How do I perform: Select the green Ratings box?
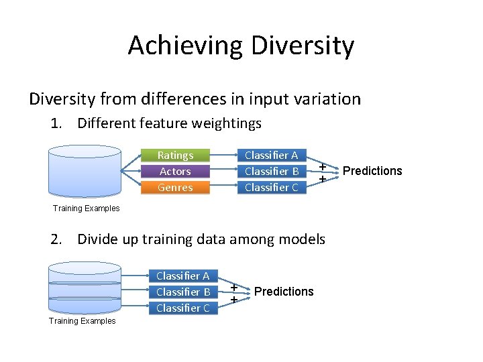(175, 155)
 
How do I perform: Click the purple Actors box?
(175, 171)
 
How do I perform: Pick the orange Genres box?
(175, 187)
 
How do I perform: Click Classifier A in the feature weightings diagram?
(271, 155)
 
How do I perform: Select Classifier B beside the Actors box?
(271, 171)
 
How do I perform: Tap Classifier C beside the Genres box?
(271, 187)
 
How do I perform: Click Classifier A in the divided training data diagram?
(182, 276)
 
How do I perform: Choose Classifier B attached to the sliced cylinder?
(182, 292)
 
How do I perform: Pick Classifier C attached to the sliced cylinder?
(182, 308)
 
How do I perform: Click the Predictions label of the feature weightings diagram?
(372, 171)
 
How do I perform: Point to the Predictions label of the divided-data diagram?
(284, 292)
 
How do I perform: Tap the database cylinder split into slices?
(85, 288)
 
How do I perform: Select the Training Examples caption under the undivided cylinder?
(86, 208)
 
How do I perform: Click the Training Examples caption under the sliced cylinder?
(82, 321)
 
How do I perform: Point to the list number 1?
(56, 123)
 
